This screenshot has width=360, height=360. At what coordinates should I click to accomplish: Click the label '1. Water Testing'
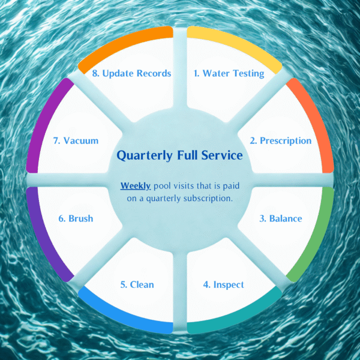pos(229,73)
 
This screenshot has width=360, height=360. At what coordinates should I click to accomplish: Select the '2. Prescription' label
pos(281,141)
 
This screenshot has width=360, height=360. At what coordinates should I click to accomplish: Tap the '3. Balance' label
pos(280,218)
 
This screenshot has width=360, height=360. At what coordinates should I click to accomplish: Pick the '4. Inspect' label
pos(220,284)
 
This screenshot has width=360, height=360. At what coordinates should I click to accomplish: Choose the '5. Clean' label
pos(137,284)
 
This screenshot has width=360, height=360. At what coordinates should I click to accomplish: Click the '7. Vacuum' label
pos(76,141)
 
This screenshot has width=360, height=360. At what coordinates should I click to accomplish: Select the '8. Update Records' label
pos(131,73)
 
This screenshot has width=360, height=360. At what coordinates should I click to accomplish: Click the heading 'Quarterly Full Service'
pos(179,155)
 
